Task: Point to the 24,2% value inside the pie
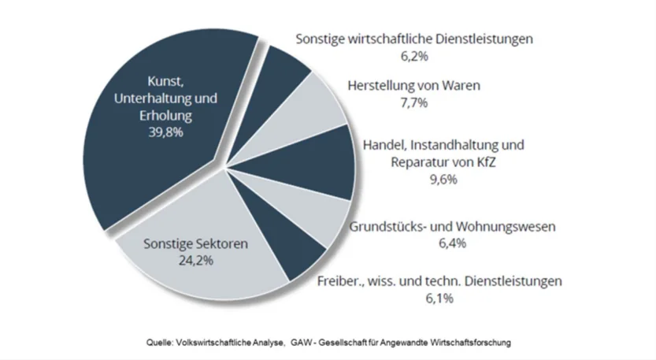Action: tap(195, 261)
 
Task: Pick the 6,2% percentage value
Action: tap(413, 56)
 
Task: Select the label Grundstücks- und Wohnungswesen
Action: tap(452, 227)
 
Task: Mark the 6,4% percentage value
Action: tap(452, 244)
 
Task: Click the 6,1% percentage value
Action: tap(439, 298)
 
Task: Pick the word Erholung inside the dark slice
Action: tap(165, 116)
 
